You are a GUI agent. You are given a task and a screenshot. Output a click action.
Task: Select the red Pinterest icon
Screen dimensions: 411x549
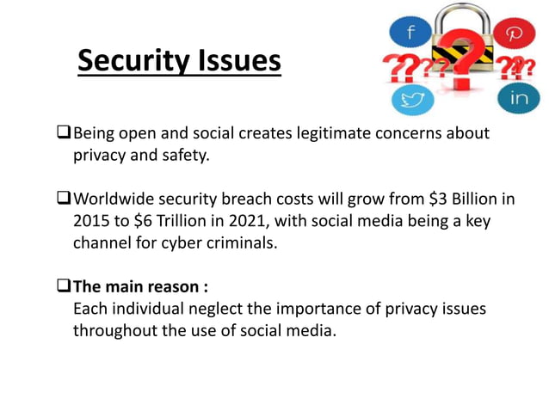515,34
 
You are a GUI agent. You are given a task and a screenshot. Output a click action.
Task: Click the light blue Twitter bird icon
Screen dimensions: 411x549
411,99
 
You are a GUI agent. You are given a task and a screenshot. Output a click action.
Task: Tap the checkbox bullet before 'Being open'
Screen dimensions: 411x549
63,133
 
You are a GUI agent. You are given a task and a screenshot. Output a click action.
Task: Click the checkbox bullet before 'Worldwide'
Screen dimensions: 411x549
63,199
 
